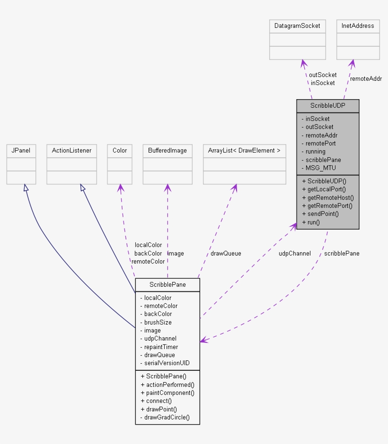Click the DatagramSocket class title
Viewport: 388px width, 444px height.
coord(297,26)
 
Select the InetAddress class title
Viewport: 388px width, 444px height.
coord(358,26)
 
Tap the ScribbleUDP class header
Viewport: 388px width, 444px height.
coord(327,106)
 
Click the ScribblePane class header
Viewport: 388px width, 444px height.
coord(167,284)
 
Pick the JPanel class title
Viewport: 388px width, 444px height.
coord(21,151)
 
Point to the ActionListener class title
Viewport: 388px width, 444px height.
coord(71,151)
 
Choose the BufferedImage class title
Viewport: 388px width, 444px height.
coord(167,151)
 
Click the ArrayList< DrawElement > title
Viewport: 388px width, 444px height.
coord(244,151)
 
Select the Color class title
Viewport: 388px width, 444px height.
coord(120,151)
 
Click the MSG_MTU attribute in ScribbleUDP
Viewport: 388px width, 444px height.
coord(320,168)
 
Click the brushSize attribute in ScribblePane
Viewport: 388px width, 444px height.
coord(158,322)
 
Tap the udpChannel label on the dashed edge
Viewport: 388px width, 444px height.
coord(294,253)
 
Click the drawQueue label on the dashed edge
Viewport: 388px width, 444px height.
coord(226,253)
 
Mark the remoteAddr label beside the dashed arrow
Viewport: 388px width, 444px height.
coord(366,78)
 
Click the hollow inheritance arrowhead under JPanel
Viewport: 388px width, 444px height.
coord(26,188)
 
